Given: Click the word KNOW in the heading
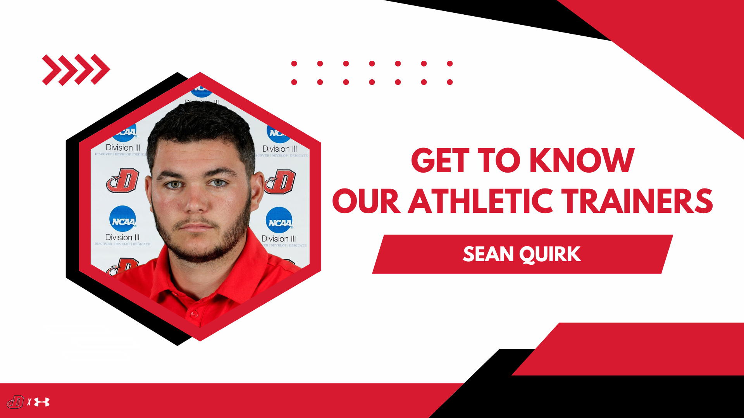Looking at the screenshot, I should (x=582, y=161).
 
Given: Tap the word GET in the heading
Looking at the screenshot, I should (x=440, y=161).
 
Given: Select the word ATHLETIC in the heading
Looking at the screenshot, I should (x=480, y=201).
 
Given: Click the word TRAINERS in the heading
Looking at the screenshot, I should (x=638, y=201).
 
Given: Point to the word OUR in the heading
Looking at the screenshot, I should (x=366, y=201).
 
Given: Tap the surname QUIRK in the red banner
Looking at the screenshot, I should (x=550, y=254).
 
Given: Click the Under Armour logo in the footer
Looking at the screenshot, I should (x=42, y=403).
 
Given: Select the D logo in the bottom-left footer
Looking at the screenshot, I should (x=15, y=402).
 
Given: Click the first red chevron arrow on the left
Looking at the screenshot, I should (x=51, y=70).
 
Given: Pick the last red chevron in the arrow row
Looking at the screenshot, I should (x=101, y=70).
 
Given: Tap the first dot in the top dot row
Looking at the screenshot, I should (x=294, y=63).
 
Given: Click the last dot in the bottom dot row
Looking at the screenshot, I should (x=450, y=82).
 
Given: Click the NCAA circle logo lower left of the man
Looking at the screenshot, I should (x=123, y=219).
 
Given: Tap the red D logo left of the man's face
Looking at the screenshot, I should (x=123, y=180).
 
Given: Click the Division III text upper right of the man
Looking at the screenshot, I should (x=279, y=149).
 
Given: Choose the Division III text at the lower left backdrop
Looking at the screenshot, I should (x=122, y=237).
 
